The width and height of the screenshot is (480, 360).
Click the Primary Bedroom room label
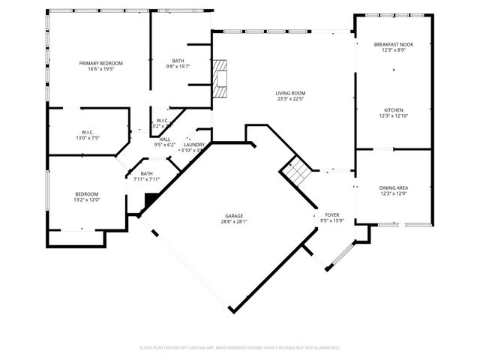coord(100,63)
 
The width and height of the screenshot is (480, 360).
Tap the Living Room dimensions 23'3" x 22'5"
coord(290,98)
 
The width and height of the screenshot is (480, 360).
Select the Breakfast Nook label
coord(393,45)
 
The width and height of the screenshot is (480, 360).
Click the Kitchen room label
coord(393,110)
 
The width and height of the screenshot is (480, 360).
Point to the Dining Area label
coord(393,189)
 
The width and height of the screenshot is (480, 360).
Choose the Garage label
coord(235,215)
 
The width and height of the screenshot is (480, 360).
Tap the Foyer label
coord(331,214)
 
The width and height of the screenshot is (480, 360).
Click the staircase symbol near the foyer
coord(295,172)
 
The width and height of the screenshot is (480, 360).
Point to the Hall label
coord(164,139)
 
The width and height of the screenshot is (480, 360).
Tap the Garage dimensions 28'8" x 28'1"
coord(235,221)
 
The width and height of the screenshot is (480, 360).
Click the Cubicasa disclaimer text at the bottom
coord(240,347)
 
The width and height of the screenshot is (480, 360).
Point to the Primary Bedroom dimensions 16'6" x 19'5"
coord(100,69)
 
